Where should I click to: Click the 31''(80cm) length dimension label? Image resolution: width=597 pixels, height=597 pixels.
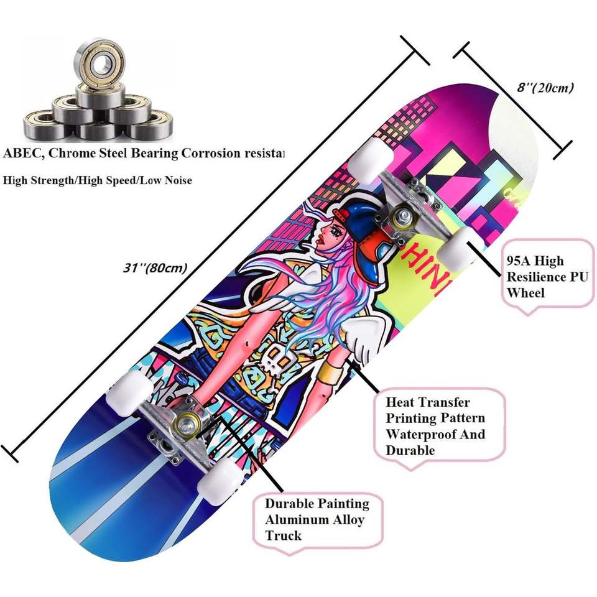[155, 268]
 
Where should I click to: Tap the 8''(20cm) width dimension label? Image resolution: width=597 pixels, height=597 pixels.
[545, 88]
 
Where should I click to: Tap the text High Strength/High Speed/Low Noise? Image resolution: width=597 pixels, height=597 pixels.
[98, 180]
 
